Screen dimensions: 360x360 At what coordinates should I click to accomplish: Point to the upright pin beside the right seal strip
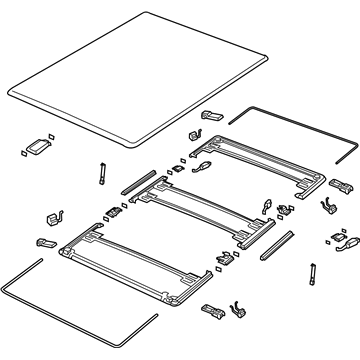314,271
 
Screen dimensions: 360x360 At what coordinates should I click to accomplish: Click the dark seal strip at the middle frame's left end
134,181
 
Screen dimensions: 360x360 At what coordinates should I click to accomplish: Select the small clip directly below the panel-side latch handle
192,133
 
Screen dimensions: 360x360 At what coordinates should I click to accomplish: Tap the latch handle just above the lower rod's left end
45,242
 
